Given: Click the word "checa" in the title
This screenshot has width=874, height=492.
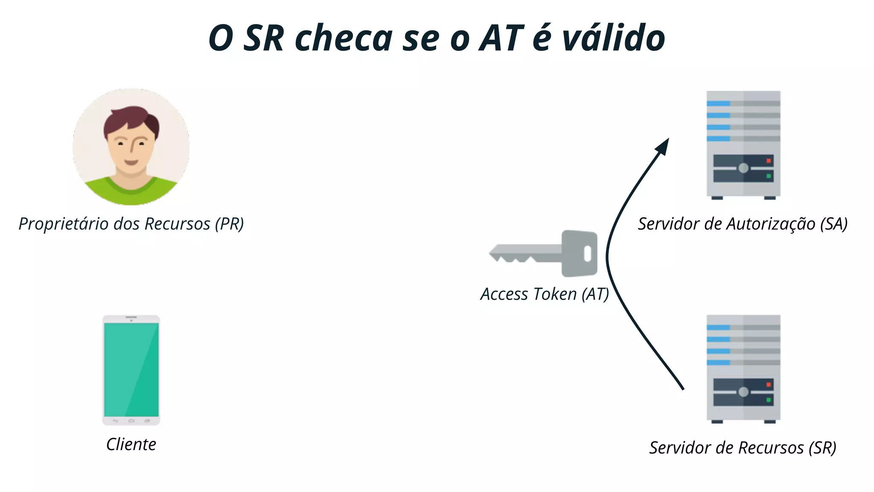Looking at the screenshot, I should tap(344, 38).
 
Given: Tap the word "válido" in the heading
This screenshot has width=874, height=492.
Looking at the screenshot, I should tap(614, 38).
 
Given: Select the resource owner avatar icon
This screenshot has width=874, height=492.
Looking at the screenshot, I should tap(131, 147).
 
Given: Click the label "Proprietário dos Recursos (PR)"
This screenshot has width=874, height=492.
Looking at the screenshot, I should tap(131, 224).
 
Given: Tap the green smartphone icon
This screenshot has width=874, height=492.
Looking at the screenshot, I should tap(131, 370).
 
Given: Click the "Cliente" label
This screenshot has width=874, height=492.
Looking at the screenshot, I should tap(131, 444).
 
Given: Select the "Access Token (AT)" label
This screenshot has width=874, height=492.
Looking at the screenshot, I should tap(545, 294).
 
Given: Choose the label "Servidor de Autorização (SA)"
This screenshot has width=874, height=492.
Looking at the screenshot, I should tap(743, 224).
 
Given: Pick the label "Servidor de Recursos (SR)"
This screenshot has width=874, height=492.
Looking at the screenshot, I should tap(743, 448).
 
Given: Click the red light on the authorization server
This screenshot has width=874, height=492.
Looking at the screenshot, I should tap(769, 161).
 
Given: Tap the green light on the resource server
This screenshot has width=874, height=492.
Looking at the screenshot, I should tap(769, 400).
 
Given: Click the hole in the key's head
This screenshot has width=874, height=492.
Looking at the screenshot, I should tap(587, 254).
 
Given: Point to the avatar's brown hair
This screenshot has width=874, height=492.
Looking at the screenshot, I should tap(130, 120).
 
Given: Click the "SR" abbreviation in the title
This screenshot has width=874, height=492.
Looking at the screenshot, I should tap(263, 38).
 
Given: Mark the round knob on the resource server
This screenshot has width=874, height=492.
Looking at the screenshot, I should tap(743, 392).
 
